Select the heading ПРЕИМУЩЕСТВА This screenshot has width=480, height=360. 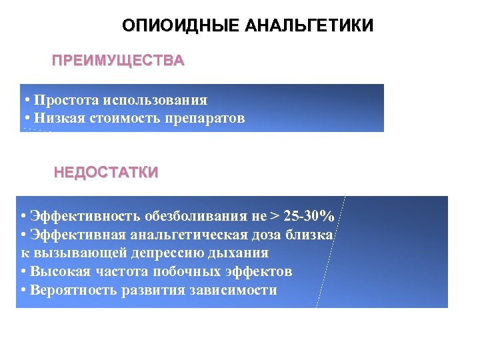click(x=119, y=61)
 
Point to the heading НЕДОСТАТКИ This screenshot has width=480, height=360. click(x=106, y=173)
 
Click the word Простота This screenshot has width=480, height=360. click(x=65, y=100)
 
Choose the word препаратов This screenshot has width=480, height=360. click(x=214, y=119)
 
